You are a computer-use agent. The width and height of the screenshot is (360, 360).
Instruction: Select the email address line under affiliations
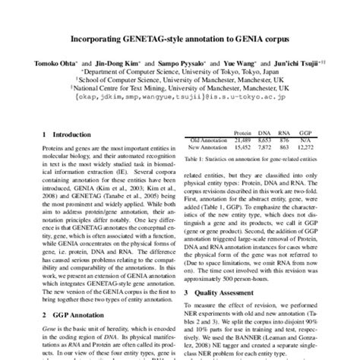click(x=179, y=96)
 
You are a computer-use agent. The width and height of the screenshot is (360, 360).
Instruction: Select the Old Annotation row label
click(x=207, y=141)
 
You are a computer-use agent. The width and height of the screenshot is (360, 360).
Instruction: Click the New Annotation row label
click(x=207, y=148)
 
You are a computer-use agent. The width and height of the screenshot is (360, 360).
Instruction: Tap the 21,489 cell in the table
click(x=242, y=141)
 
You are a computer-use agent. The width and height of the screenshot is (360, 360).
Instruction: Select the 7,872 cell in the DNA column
click(x=264, y=148)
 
